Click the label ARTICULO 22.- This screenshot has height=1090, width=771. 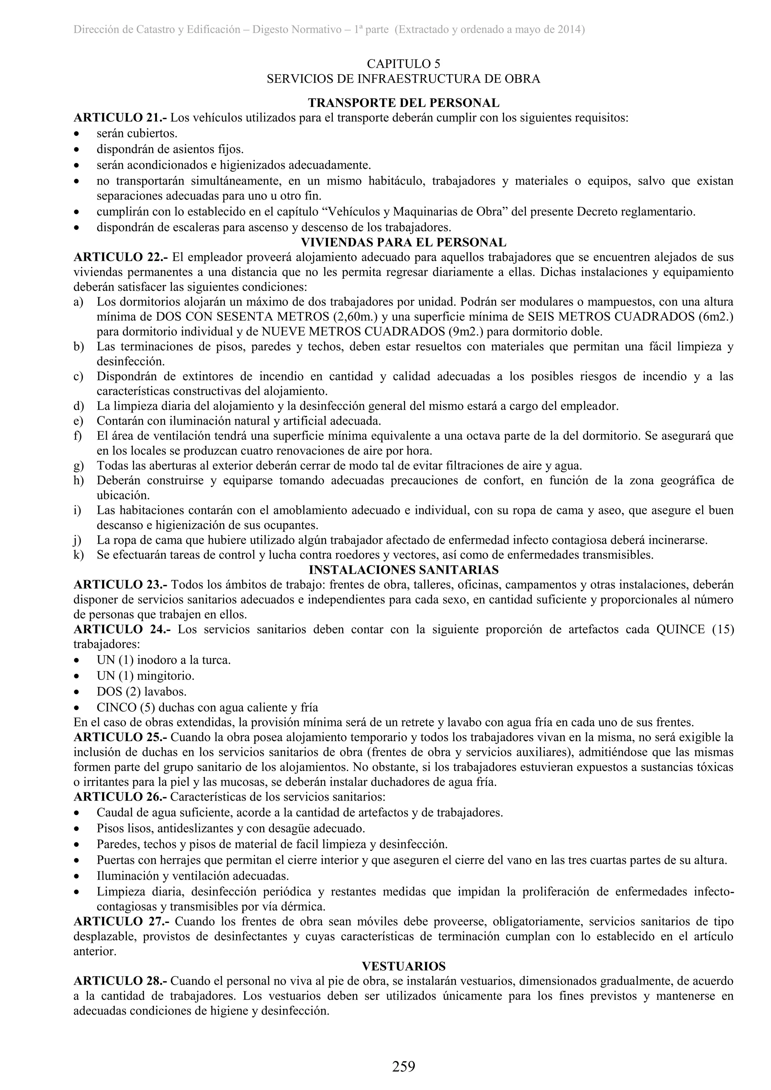coord(121,257)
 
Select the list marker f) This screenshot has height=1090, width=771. coord(78,435)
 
